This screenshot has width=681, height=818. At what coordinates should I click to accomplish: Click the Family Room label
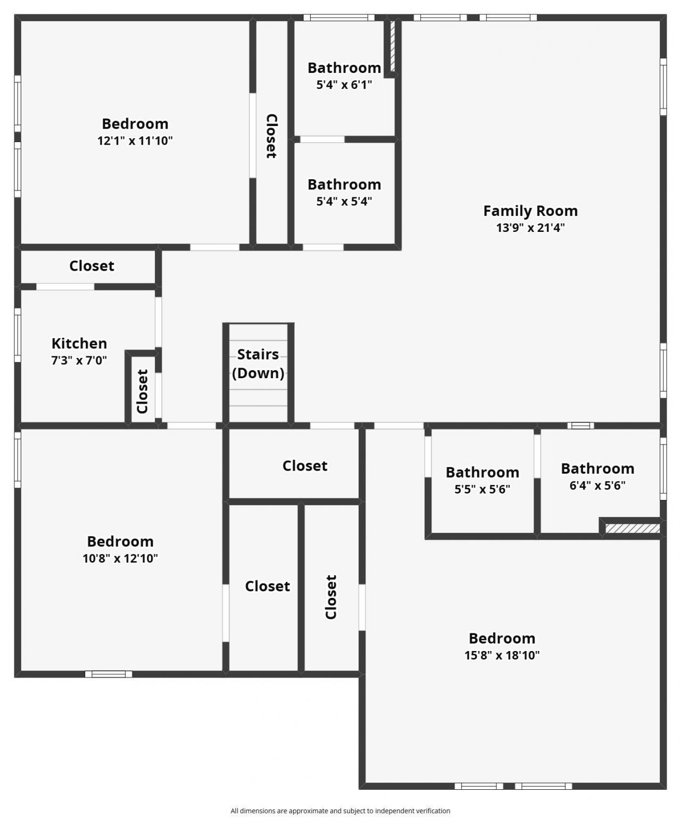pos(530,211)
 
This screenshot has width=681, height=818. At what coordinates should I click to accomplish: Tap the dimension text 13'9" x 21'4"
pos(530,228)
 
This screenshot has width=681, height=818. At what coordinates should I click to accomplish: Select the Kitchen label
pos(79,344)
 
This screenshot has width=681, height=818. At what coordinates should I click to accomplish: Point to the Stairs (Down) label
pos(258,364)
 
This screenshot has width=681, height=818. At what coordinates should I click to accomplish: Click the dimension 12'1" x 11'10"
pos(135,141)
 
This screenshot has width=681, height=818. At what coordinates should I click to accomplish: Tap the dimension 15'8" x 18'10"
pos(502,655)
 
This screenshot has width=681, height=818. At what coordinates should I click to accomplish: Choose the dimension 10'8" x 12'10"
pos(120,558)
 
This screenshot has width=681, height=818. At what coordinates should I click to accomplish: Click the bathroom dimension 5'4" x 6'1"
pos(344,85)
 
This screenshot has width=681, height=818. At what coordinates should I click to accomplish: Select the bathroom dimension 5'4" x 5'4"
pos(344,201)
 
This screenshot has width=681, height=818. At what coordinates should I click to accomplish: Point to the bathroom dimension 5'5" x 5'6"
pos(482,489)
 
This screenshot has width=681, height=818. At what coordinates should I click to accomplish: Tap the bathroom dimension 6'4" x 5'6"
pos(597,486)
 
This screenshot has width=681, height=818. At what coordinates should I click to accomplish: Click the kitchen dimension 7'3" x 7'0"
pos(79,361)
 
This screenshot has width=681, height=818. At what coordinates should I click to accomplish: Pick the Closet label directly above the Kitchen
pos(92,266)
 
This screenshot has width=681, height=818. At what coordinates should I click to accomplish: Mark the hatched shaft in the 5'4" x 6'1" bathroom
pos(393,47)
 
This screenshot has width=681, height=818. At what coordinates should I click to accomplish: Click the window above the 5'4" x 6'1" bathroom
pos(339,18)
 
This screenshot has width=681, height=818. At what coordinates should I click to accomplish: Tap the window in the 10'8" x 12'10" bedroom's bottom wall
pos(109,674)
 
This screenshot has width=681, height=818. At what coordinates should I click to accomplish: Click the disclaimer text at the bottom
pos(340,811)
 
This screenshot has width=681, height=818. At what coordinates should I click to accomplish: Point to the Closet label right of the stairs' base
pos(305,466)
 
